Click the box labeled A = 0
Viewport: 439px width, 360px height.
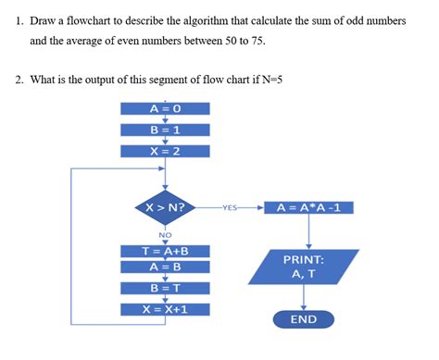click(x=165, y=108)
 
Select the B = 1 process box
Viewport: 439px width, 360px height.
click(x=165, y=130)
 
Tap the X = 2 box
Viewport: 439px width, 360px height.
click(x=165, y=151)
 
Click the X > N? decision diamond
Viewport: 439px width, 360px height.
click(x=165, y=207)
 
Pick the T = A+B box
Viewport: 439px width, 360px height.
click(x=165, y=250)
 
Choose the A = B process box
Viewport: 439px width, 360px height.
click(x=165, y=267)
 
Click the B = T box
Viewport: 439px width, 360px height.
click(x=165, y=288)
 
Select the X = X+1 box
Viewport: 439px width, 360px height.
click(x=165, y=308)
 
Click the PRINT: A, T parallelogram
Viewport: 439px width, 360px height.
click(x=303, y=267)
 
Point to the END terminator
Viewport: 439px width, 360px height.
click(x=303, y=319)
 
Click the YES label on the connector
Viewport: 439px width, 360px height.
click(x=231, y=208)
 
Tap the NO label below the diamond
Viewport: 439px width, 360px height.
click(x=165, y=235)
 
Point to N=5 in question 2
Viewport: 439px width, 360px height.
click(x=268, y=80)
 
